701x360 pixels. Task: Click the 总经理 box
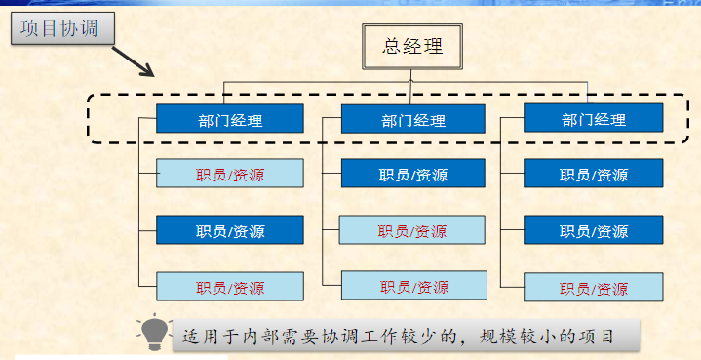click(x=411, y=47)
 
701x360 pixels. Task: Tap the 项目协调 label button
click(x=62, y=28)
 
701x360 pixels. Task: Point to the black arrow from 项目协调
click(x=133, y=61)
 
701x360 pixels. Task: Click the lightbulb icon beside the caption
click(x=154, y=333)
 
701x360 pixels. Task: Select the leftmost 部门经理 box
click(x=230, y=118)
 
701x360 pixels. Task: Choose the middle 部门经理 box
click(x=413, y=119)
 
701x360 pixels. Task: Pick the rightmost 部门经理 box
click(x=593, y=118)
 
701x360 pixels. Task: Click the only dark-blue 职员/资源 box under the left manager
click(x=230, y=230)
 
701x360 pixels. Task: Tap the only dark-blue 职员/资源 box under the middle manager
click(x=413, y=173)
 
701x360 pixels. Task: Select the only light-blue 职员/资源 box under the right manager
click(x=593, y=287)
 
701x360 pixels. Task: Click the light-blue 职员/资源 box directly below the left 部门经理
click(x=230, y=173)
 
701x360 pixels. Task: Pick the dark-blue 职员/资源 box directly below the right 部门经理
click(x=593, y=173)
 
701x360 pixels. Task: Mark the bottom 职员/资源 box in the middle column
click(x=414, y=285)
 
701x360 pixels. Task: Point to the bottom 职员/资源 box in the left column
click(x=230, y=286)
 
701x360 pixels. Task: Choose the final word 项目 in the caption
click(x=596, y=337)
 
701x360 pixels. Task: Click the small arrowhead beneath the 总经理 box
click(x=410, y=81)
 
